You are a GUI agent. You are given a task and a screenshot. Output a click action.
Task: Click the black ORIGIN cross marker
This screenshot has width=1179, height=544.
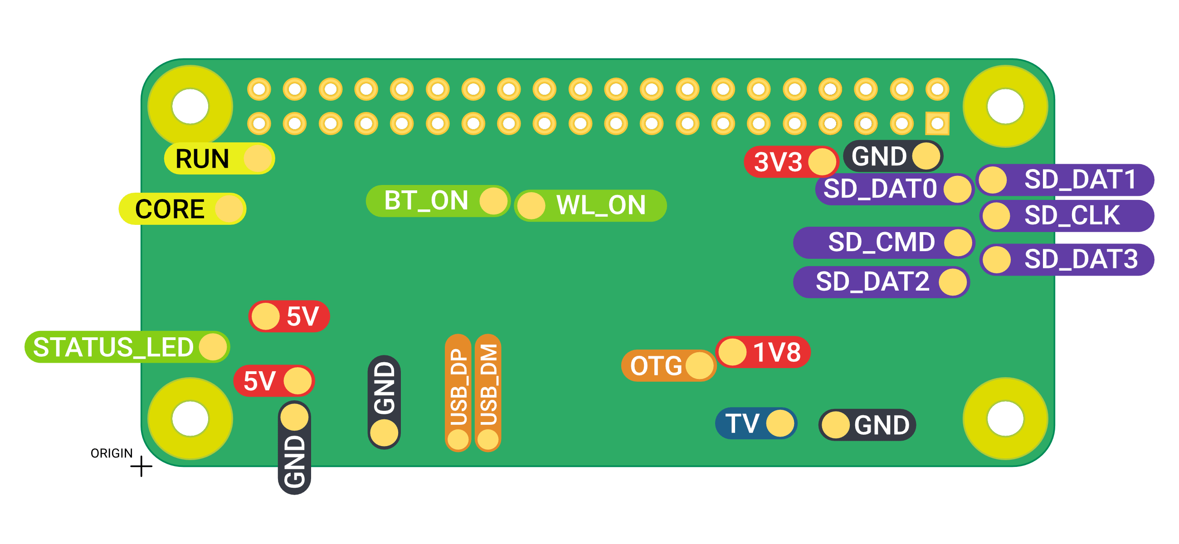pyautogui.click(x=141, y=466)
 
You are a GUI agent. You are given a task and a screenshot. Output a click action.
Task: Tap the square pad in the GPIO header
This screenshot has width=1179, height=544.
pyautogui.click(x=937, y=123)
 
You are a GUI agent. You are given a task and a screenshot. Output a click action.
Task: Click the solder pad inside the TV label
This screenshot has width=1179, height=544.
pyautogui.click(x=780, y=424)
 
